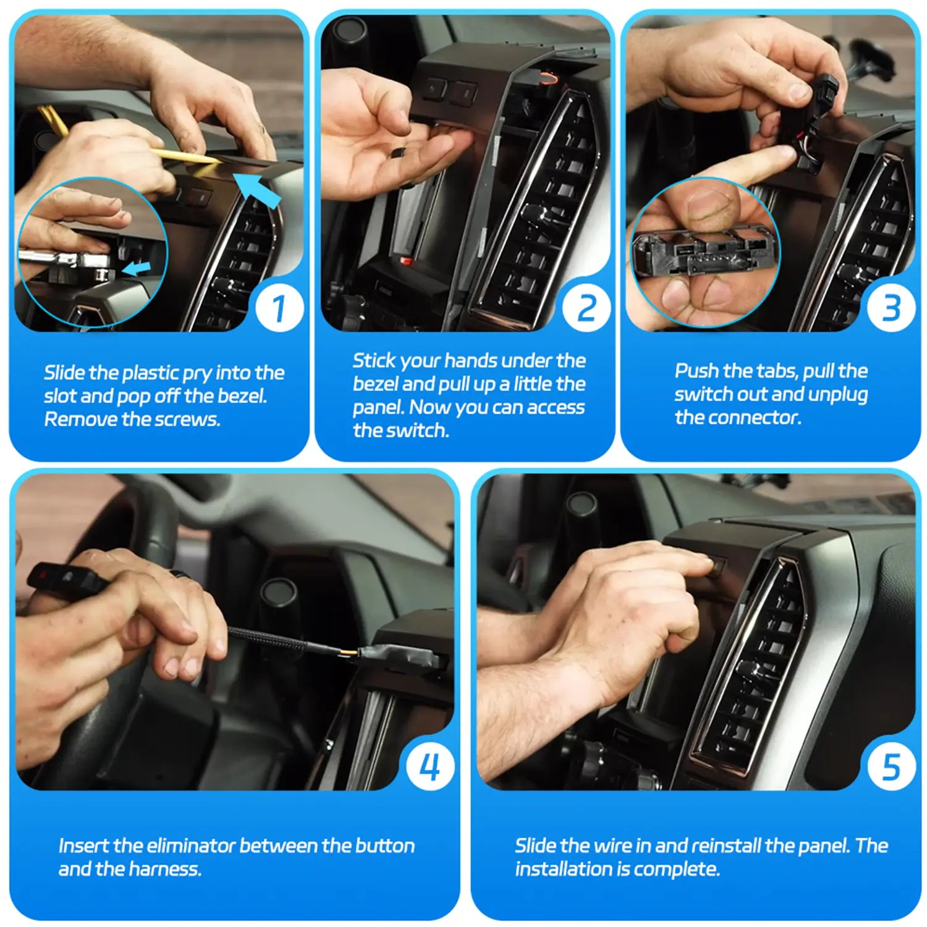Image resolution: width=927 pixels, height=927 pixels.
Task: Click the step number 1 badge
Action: click(x=279, y=308)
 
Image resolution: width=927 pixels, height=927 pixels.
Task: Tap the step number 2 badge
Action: click(x=586, y=308)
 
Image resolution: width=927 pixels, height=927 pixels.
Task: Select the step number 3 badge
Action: click(x=891, y=308)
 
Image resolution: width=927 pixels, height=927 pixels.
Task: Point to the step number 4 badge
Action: click(x=430, y=767)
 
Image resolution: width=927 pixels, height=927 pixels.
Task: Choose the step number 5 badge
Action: click(x=891, y=767)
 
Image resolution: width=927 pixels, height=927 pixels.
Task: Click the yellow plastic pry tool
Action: click(x=185, y=154)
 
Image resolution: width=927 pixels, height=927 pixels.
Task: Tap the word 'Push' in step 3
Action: click(x=696, y=371)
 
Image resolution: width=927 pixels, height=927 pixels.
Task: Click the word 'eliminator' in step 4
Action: click(x=191, y=845)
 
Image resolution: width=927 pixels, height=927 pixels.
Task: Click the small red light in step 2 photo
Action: click(x=406, y=261)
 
